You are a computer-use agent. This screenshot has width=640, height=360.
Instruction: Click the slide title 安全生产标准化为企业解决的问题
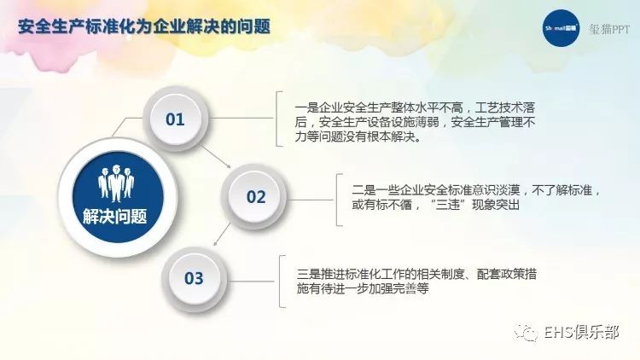point(144,27)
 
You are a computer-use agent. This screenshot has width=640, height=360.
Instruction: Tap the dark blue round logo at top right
point(561,28)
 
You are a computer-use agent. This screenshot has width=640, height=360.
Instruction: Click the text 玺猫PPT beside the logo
point(609,29)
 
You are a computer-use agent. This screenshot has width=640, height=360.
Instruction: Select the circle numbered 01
point(175,119)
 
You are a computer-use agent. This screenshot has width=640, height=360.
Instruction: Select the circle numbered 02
point(255,197)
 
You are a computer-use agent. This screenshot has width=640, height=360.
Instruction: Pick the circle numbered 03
point(194,278)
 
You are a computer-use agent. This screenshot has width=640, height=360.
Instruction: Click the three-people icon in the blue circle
point(116,183)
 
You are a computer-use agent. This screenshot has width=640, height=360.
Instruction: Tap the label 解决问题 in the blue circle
point(115,217)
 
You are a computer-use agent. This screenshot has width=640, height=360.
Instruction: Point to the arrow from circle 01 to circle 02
point(216,156)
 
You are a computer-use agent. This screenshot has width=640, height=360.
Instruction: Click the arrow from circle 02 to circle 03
point(222,235)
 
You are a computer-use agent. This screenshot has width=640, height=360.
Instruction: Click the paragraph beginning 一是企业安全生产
point(415,122)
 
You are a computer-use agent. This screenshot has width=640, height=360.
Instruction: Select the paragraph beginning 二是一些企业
point(476,197)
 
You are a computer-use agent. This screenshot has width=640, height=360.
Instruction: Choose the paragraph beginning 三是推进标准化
point(416,282)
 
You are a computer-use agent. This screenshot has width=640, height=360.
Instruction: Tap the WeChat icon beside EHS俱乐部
point(527,332)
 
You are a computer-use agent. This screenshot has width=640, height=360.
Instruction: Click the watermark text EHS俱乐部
point(581,332)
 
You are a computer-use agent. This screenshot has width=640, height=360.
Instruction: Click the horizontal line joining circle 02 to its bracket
point(311,200)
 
